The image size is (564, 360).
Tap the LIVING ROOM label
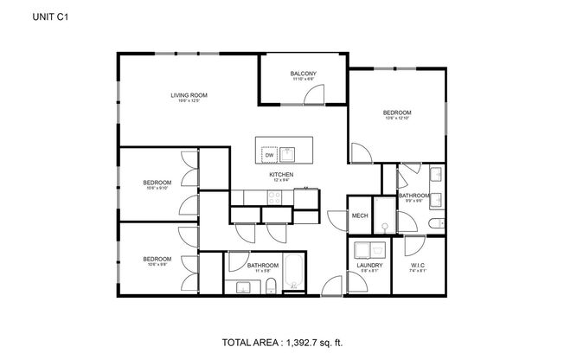coord(188,95)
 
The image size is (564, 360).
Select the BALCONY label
coord(303,74)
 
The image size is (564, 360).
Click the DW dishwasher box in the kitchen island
coord(269,155)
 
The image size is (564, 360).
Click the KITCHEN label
coord(281,175)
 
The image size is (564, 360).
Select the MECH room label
coord(360,216)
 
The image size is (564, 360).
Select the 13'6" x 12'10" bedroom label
coord(397,113)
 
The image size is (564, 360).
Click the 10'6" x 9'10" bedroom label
coord(157,183)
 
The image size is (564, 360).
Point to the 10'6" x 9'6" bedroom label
coord(157,259)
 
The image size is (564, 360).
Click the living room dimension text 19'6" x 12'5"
coord(188,102)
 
